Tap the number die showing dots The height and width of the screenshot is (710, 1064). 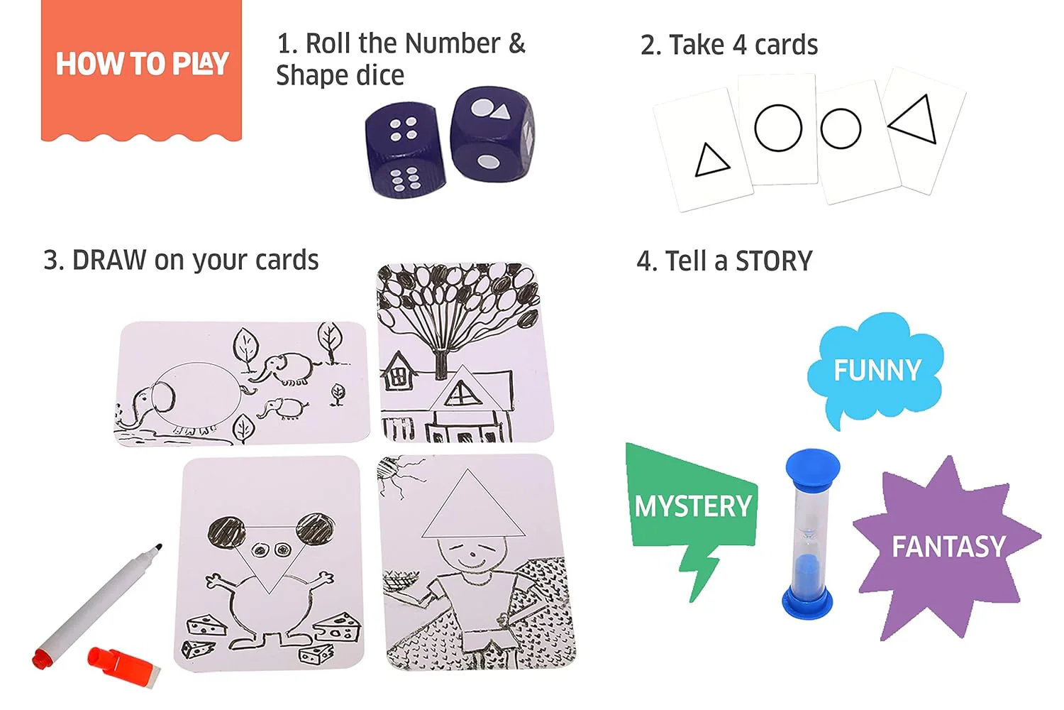[405, 150]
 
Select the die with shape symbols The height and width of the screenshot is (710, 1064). [492, 134]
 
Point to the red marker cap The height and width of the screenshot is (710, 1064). [123, 667]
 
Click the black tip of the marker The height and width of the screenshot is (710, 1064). [159, 547]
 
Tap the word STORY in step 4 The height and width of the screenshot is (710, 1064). [774, 261]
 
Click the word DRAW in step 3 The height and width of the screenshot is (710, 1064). [109, 260]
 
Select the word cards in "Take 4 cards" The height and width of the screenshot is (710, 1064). [786, 45]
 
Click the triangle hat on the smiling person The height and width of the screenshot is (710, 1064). [473, 505]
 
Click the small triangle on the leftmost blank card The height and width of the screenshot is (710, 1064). [711, 160]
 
